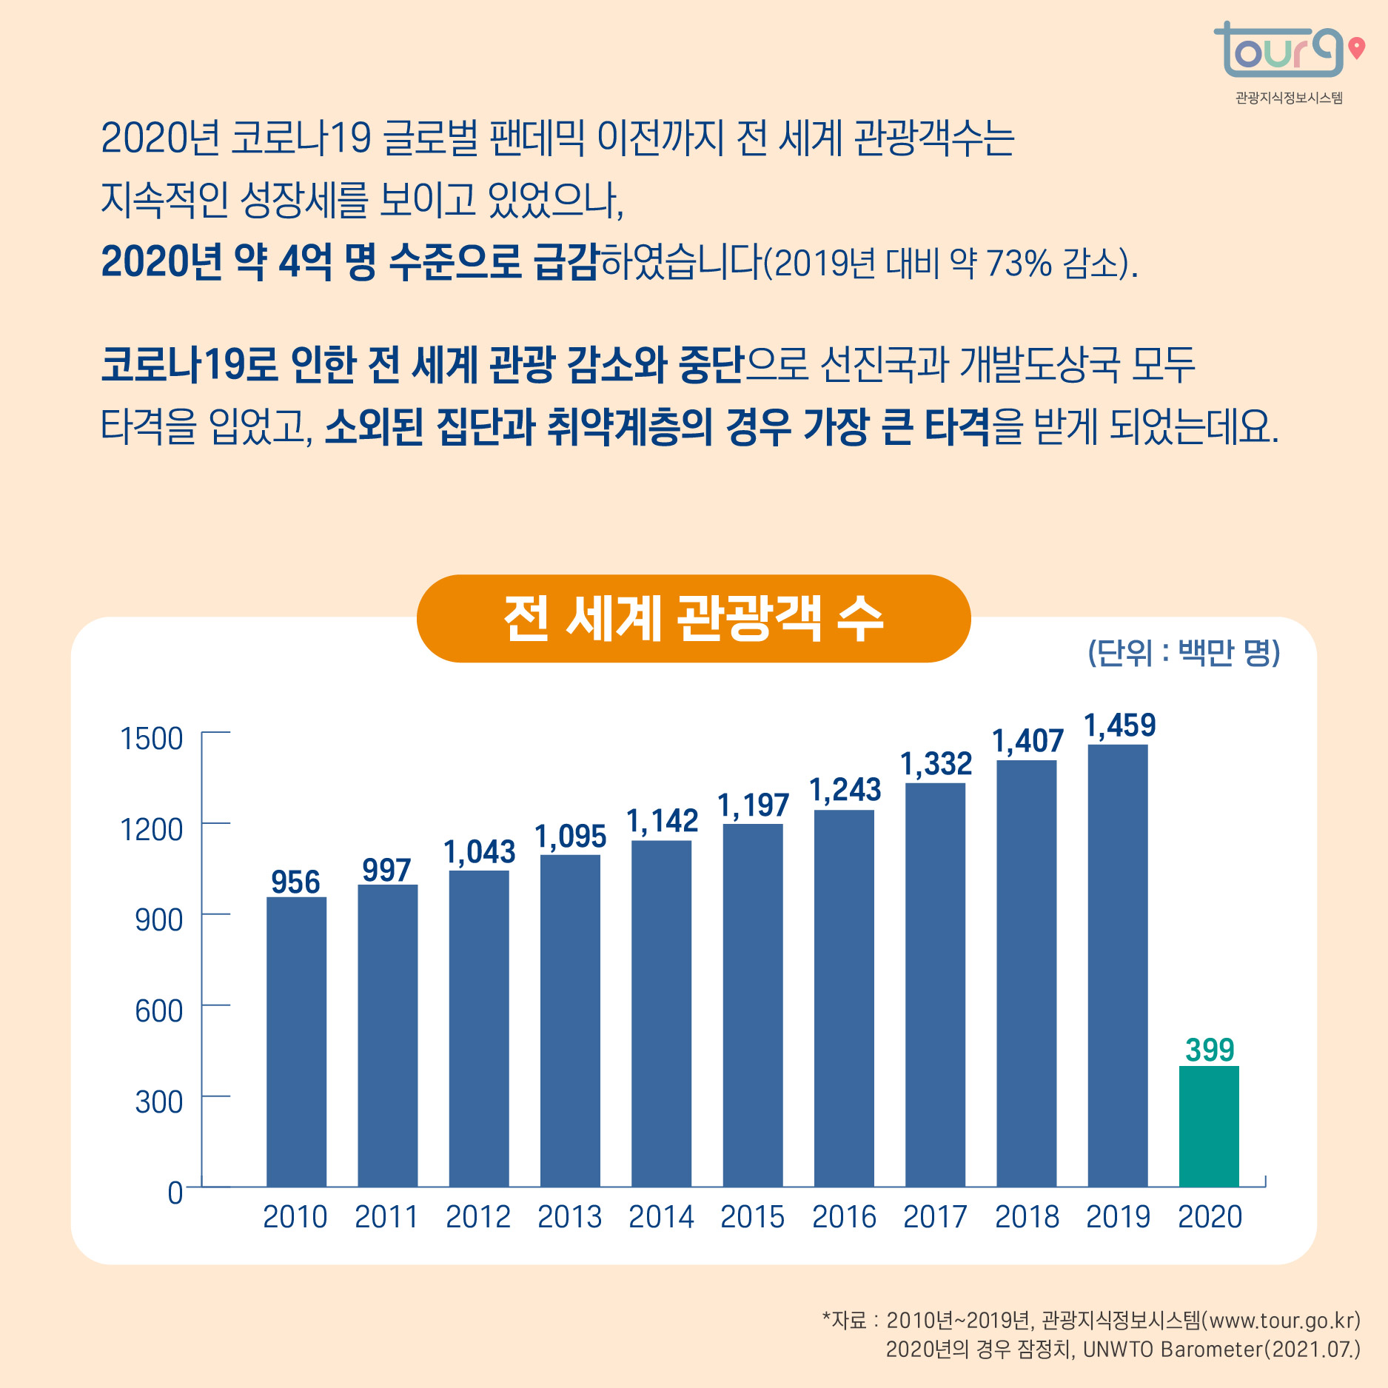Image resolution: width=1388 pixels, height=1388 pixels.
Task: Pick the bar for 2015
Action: tap(752, 1005)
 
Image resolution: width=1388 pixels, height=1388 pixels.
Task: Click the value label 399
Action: tap(1210, 1050)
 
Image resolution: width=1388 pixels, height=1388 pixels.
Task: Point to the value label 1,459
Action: tap(1119, 725)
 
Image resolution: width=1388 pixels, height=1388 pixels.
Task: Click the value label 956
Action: tap(295, 882)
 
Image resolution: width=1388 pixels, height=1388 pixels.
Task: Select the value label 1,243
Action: tap(845, 790)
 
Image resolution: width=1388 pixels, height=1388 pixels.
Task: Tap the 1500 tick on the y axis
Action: tap(152, 738)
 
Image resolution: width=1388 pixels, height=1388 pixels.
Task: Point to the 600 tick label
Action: tap(158, 1010)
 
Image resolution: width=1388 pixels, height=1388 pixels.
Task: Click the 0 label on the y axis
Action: tap(175, 1193)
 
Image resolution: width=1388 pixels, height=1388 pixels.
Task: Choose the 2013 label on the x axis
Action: tap(569, 1217)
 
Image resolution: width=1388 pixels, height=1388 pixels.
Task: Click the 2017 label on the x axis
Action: tap(935, 1217)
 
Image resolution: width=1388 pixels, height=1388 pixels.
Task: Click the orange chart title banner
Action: tap(693, 619)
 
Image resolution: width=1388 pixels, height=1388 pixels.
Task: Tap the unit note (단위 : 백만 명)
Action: tap(1183, 652)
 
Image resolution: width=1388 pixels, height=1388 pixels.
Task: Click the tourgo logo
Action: tap(1279, 50)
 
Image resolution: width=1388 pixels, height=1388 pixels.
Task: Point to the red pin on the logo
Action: tap(1356, 47)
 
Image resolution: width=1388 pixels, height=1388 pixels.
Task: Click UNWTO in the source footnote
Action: tap(1117, 1350)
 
